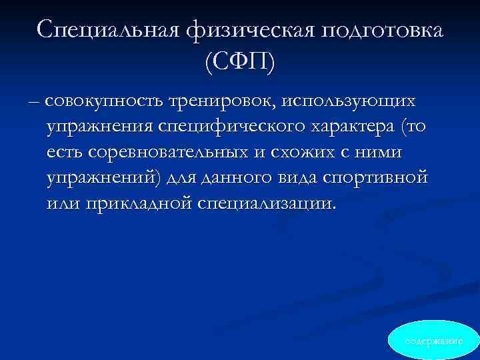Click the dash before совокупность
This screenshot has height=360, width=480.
pos(33,101)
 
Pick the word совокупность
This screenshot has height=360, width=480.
pos(109,101)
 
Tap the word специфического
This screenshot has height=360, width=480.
pos(257,127)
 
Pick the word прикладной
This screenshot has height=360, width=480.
pos(139,203)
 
